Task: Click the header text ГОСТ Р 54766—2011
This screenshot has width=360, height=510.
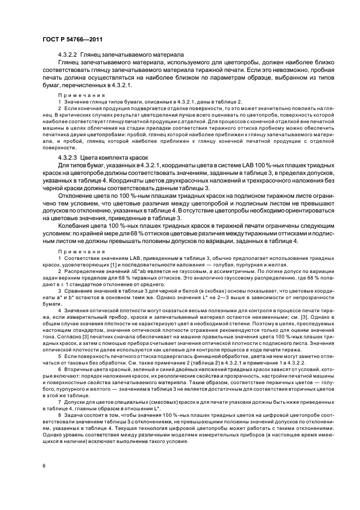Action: [66, 40]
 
